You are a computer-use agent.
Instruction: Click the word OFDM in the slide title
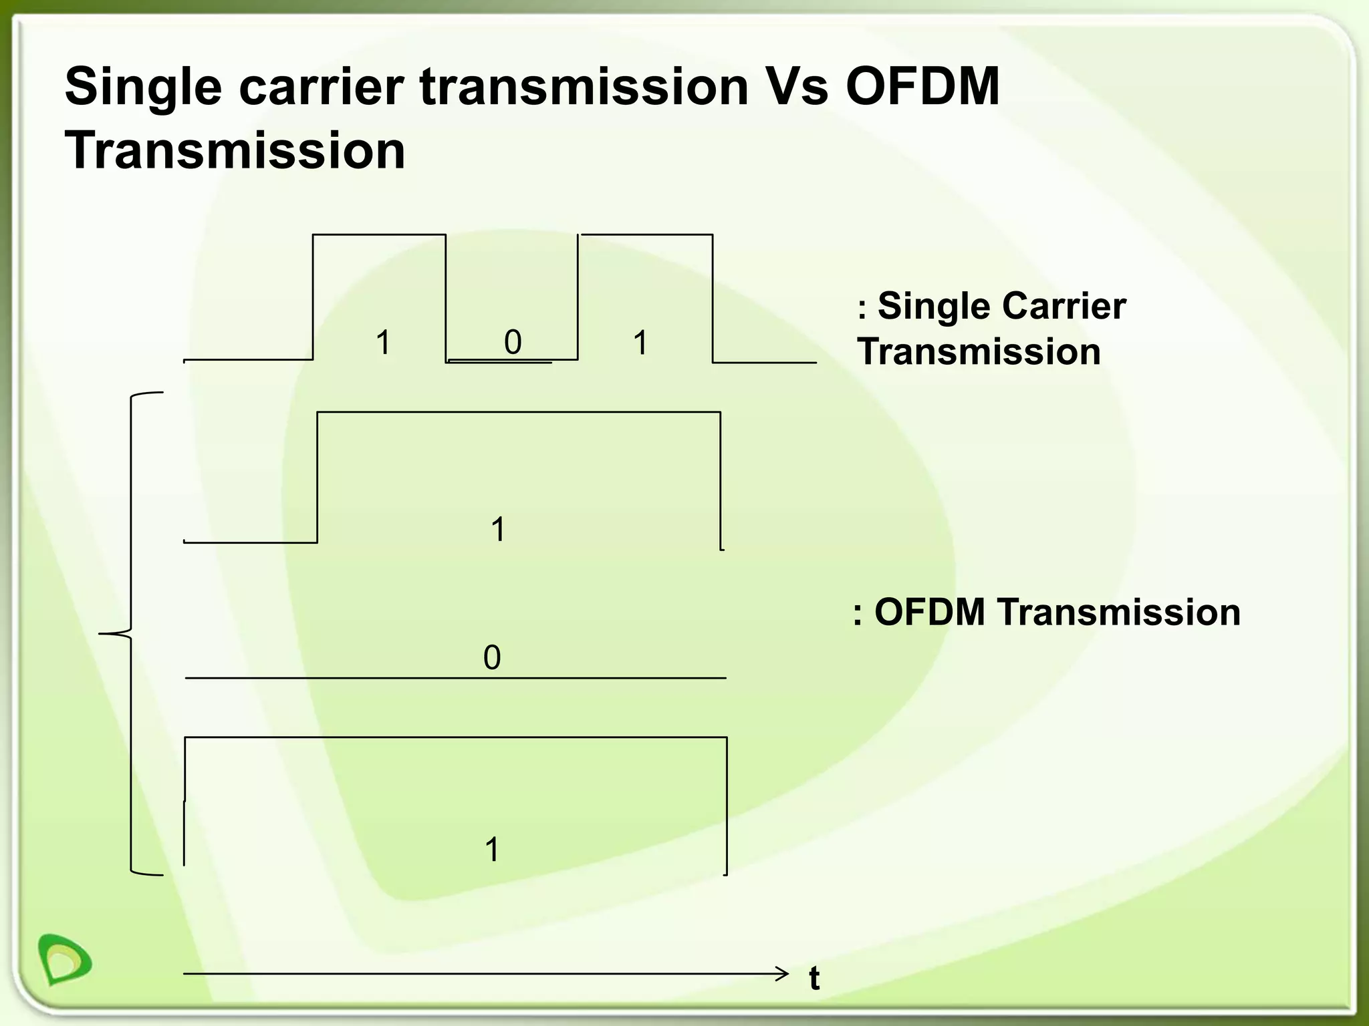(922, 87)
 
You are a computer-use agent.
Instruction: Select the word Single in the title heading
(143, 87)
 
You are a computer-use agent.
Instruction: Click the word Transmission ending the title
(235, 151)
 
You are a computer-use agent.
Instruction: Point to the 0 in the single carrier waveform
(513, 343)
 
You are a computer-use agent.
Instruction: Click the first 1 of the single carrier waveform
(383, 343)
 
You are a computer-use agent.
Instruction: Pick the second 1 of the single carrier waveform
(640, 343)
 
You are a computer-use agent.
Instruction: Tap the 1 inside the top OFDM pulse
(498, 530)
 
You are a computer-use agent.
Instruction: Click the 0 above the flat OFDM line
(492, 658)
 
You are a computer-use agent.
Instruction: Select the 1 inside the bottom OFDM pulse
(492, 850)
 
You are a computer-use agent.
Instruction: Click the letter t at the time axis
(814, 979)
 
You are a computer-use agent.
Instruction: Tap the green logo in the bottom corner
(65, 959)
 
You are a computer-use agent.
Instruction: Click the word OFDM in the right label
(930, 612)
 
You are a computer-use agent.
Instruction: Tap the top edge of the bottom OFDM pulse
(455, 737)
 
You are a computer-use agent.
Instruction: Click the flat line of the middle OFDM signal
(455, 678)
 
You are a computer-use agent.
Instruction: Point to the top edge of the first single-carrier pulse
(379, 234)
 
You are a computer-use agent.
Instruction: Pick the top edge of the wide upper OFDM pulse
(518, 412)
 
